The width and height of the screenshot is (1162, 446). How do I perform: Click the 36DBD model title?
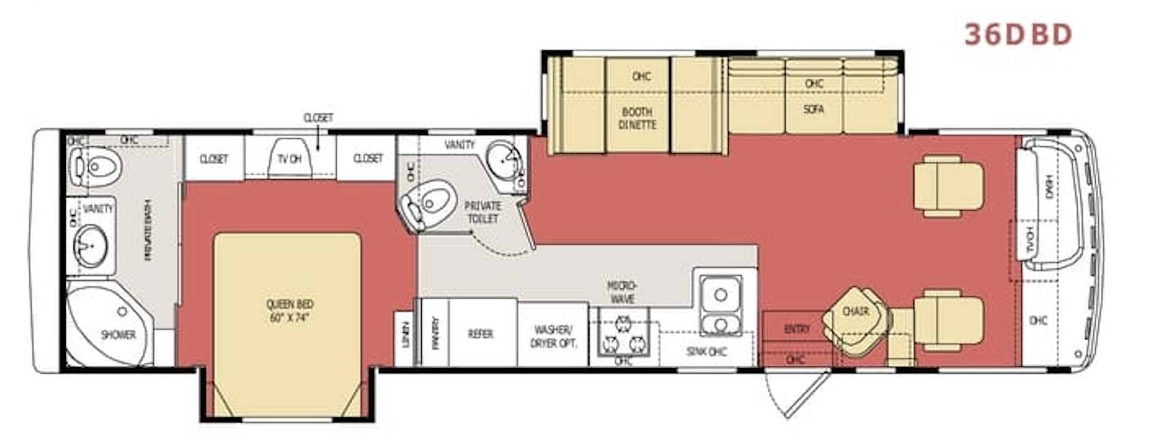point(1018,34)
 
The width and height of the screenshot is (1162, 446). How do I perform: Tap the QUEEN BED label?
point(289,311)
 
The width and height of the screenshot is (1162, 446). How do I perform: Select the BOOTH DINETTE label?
point(637,118)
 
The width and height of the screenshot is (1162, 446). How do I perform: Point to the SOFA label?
point(813,109)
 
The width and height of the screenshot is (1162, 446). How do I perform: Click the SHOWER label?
point(118,334)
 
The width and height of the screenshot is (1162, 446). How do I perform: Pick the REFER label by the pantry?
point(480,333)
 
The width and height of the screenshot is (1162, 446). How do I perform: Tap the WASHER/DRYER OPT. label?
point(553,337)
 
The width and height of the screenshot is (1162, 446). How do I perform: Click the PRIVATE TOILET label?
point(483,212)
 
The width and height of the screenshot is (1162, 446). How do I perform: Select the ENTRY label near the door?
point(796,329)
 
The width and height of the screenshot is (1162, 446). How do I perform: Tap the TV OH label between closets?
point(289,159)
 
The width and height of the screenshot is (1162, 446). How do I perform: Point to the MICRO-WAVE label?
point(622,292)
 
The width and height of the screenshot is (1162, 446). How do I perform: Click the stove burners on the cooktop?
point(623,334)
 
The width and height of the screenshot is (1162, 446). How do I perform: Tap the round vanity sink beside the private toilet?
point(503,159)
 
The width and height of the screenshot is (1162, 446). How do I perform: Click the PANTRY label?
point(435,332)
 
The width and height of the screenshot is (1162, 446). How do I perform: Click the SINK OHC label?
point(707,352)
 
